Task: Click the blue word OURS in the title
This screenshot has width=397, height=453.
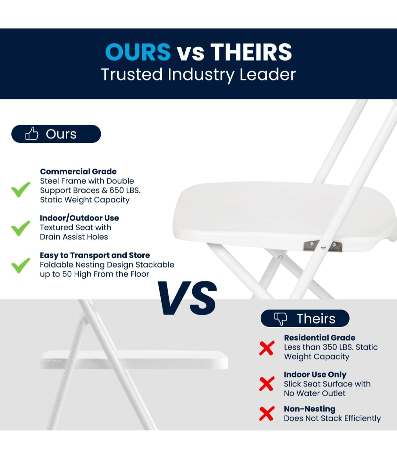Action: coord(138,52)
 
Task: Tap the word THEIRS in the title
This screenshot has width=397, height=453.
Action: coord(251,52)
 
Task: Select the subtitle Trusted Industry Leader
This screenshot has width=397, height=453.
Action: coord(198,74)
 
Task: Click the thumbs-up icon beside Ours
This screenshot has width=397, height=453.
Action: coord(32,134)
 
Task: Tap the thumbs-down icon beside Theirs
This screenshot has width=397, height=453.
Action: coord(281,318)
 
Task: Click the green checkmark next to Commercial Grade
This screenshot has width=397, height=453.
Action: coord(21,189)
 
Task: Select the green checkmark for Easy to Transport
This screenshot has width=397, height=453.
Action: coord(21,265)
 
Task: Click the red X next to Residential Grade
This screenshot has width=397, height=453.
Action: coord(267,348)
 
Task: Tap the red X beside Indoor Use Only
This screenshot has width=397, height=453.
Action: coord(267,384)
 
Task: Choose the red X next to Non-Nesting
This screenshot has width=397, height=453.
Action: coord(267,413)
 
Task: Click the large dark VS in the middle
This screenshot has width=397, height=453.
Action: coord(187,298)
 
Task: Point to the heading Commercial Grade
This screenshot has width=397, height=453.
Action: coord(78,171)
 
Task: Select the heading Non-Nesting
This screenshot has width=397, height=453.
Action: coord(310,409)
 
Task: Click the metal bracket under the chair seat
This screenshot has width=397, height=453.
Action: coord(323,246)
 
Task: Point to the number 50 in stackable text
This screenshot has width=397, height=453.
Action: coord(67,274)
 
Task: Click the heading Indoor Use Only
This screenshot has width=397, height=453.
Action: coord(315,375)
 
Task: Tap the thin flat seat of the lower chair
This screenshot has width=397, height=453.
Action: coord(134,360)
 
